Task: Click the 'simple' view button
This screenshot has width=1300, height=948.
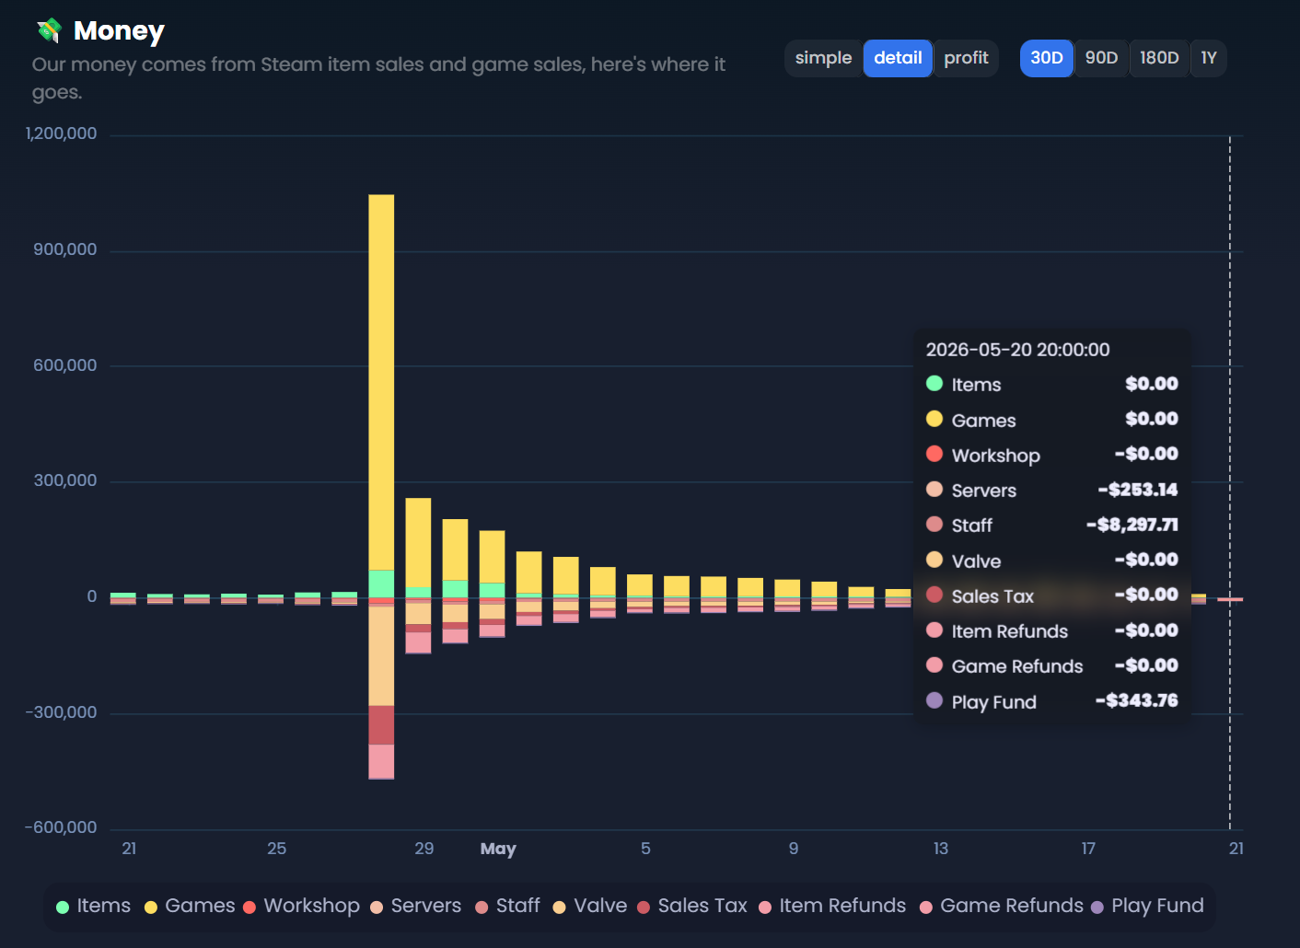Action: (823, 58)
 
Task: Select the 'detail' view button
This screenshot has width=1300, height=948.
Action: (898, 58)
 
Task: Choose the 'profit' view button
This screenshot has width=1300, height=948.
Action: (966, 58)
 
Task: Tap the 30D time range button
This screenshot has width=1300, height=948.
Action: (1047, 58)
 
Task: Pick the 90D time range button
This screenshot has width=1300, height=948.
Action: (1101, 58)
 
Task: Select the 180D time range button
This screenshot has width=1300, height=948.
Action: (1159, 58)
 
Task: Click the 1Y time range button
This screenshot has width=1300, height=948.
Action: (1208, 58)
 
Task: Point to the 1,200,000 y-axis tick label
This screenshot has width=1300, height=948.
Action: (61, 133)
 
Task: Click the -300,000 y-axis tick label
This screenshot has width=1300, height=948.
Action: (61, 711)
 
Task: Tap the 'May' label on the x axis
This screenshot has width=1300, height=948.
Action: (498, 849)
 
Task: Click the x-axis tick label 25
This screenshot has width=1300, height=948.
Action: (276, 849)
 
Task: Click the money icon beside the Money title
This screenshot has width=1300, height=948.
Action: (50, 30)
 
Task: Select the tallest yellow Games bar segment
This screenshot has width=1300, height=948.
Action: (381, 382)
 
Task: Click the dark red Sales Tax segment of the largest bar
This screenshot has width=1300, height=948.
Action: (381, 724)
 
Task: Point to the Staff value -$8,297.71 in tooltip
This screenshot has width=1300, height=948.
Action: (1132, 525)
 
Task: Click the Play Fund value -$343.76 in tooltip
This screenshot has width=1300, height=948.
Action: (1136, 700)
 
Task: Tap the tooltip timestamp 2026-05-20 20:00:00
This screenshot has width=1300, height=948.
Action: (1017, 350)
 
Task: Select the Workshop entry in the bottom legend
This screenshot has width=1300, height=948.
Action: (301, 906)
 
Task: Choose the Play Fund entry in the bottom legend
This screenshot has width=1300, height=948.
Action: (1147, 906)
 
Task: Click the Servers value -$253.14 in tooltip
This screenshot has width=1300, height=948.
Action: (1138, 491)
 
